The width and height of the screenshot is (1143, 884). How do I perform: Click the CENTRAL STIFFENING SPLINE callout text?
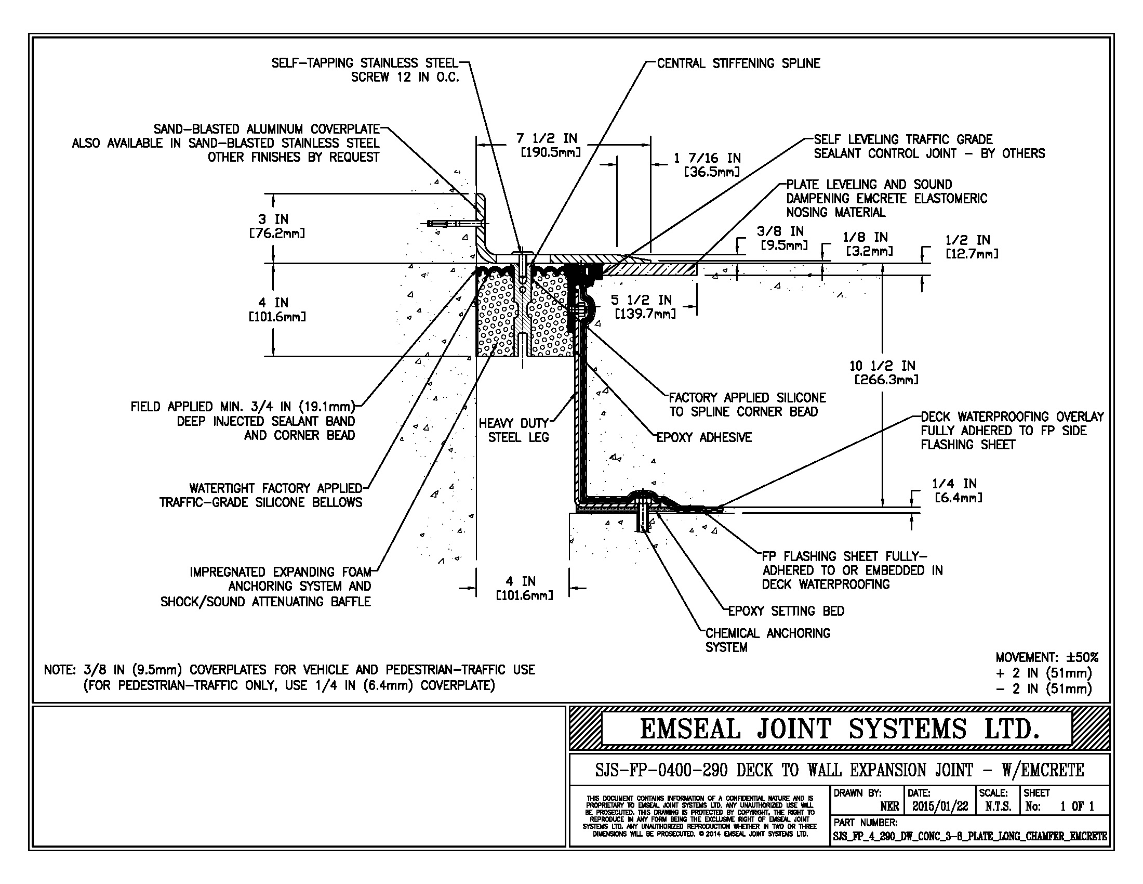(738, 63)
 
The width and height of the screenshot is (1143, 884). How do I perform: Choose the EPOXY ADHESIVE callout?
(704, 437)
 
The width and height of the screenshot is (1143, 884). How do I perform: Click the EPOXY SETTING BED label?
(786, 611)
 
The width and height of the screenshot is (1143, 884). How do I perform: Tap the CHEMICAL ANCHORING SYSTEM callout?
(767, 640)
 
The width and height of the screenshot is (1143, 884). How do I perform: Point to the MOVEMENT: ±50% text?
(1047, 657)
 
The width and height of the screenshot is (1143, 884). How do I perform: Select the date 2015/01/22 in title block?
(940, 807)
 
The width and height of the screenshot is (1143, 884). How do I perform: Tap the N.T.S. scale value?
(998, 807)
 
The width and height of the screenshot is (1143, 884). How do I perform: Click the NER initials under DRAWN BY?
(889, 807)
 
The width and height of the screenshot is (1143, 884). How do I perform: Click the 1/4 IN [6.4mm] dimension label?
(957, 490)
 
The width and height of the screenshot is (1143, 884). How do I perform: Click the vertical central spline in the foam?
(523, 314)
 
